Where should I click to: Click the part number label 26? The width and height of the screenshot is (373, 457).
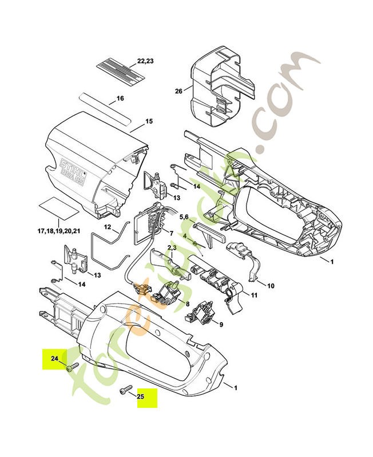pos(179,90)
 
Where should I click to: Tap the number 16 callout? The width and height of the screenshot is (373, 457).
pos(120,98)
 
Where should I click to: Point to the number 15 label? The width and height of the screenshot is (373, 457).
pos(149,122)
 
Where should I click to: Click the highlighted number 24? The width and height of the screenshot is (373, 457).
pos(54,359)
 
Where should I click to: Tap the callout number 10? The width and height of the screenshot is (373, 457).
pos(271,285)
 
